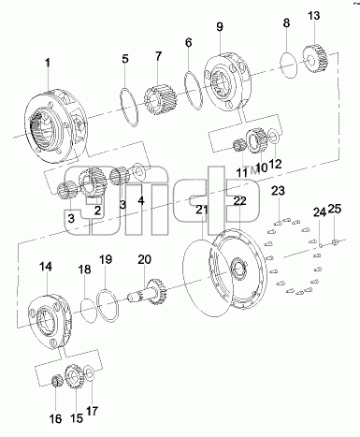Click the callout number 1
pyautogui.click(x=48, y=63)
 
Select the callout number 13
pyautogui.click(x=314, y=16)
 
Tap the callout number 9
pyautogui.click(x=220, y=27)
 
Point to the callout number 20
pyautogui.click(x=144, y=259)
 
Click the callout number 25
pyautogui.click(x=335, y=209)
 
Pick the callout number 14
pyautogui.click(x=46, y=267)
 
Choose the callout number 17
pyautogui.click(x=92, y=411)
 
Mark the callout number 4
pyautogui.click(x=141, y=200)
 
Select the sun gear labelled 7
pyautogui.click(x=161, y=100)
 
